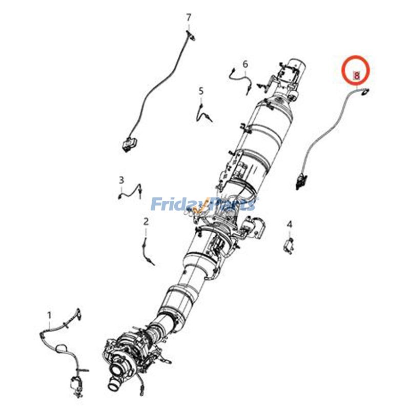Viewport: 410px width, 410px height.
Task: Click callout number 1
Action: (x=49, y=316)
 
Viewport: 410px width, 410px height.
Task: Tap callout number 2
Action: (x=146, y=221)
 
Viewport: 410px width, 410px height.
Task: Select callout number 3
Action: (x=121, y=180)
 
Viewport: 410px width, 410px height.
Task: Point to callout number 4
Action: (x=290, y=224)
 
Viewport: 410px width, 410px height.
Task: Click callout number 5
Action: (x=201, y=91)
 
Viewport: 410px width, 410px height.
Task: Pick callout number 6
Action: (x=245, y=64)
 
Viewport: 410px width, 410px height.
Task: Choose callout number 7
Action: (x=189, y=18)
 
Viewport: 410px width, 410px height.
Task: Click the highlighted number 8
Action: (x=356, y=75)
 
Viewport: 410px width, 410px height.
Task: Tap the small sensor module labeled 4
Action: (x=289, y=245)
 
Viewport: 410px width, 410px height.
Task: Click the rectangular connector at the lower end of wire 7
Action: (x=129, y=144)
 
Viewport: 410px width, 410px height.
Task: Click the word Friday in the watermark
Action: (x=177, y=204)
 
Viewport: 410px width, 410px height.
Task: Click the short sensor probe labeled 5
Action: (x=204, y=112)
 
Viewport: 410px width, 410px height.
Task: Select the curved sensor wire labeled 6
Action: (x=240, y=78)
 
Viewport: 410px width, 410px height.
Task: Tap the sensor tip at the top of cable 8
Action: (x=365, y=91)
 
